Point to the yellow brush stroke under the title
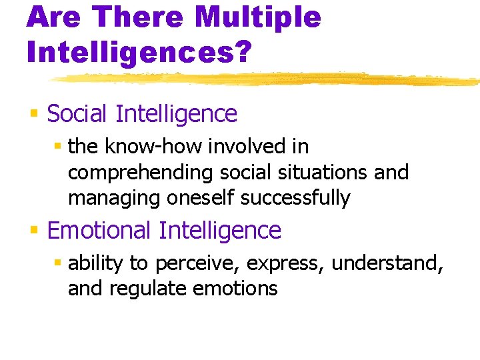pos(267,79)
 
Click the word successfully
pos(295,198)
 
